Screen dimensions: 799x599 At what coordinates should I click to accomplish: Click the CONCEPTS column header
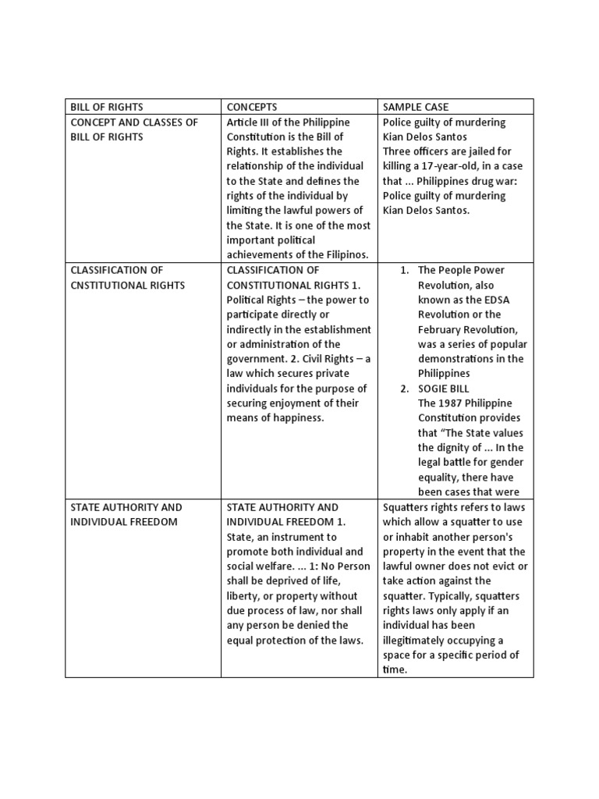click(x=251, y=106)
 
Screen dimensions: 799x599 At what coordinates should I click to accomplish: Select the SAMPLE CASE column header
click(x=416, y=106)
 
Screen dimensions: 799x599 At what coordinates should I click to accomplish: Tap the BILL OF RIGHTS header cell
click(x=107, y=106)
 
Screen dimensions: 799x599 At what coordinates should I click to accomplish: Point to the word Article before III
click(x=245, y=122)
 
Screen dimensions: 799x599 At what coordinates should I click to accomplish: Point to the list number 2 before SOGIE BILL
click(x=404, y=388)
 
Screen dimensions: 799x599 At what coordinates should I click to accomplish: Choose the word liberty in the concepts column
click(x=243, y=595)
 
